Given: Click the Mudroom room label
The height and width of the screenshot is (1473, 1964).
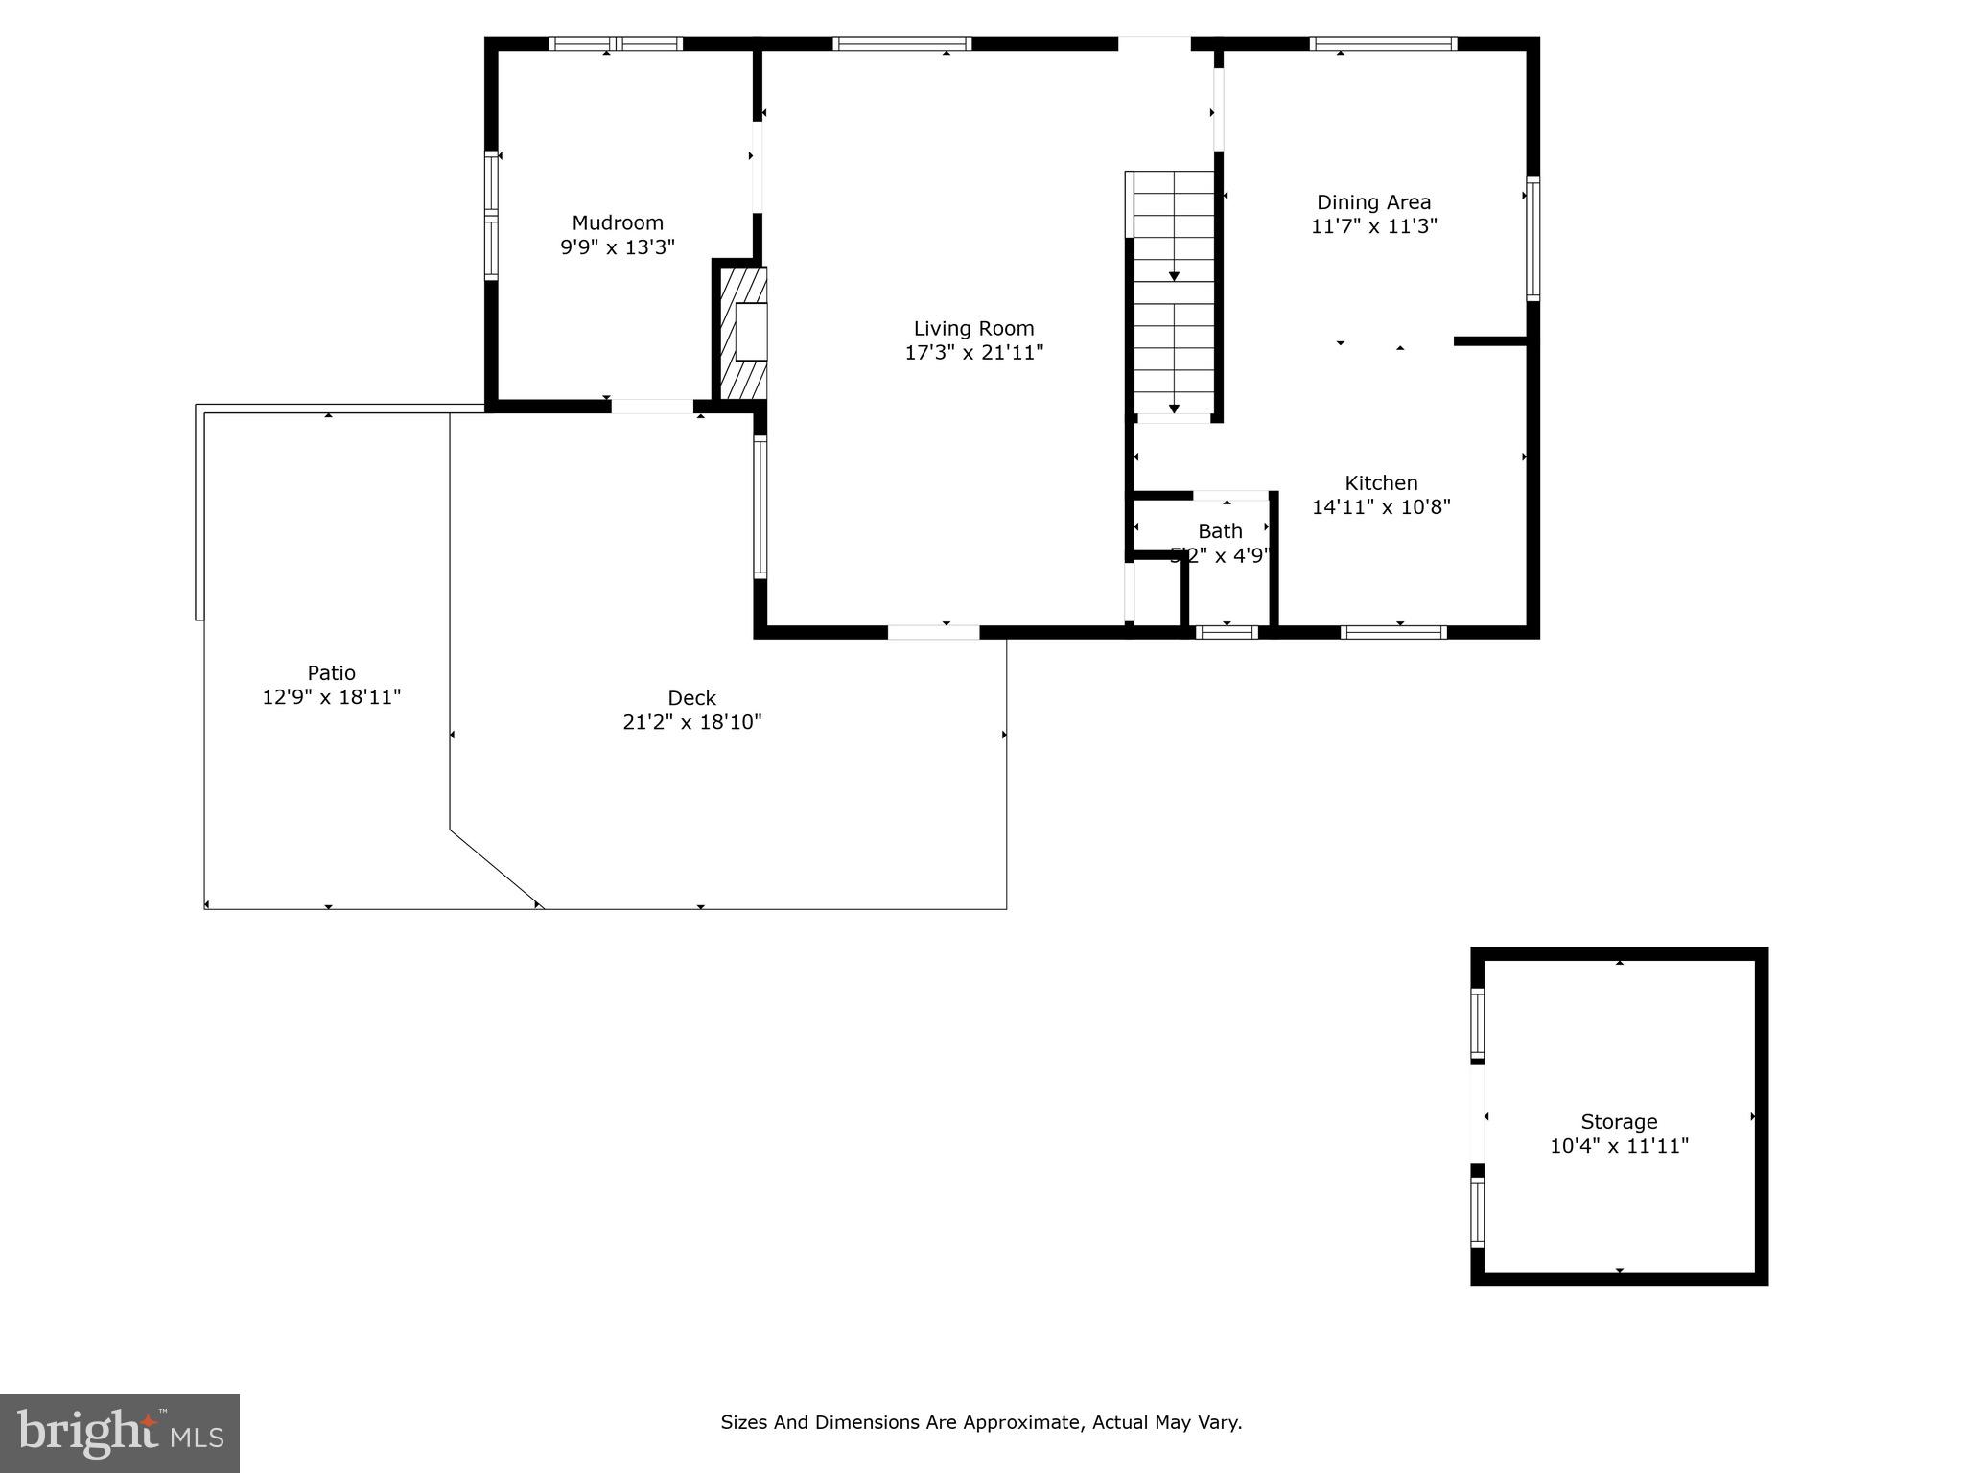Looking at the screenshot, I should point(618,222).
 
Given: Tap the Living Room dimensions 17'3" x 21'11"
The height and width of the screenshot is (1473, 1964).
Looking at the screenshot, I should point(973,353).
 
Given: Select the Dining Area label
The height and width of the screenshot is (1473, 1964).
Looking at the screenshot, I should point(1373,202).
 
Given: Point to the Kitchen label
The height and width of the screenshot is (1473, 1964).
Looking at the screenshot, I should point(1381,483).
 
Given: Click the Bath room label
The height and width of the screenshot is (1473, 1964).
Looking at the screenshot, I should point(1220,531).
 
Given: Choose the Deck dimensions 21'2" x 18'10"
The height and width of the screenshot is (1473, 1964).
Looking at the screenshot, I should point(691,722).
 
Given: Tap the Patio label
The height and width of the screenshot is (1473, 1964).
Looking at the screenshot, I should point(331,673).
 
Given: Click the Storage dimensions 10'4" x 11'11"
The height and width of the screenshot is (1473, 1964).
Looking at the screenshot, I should point(1619,1146).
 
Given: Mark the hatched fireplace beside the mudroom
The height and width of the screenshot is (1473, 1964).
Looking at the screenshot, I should point(743,332).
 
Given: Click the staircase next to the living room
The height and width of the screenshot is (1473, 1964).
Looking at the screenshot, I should point(1174,295).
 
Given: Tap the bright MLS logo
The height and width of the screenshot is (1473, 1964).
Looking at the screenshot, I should point(120,1434).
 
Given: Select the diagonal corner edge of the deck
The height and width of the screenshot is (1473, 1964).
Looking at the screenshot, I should point(495,868).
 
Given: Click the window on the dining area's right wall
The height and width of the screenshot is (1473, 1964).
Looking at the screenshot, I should point(1532,239).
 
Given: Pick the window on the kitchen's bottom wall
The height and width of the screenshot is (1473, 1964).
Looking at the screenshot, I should point(1392,631).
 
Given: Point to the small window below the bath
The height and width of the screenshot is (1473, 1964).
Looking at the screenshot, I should point(1227,631).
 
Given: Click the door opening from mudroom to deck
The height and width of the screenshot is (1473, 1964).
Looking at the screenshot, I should point(652,407).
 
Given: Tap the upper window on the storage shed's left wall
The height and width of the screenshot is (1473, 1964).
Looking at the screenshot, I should point(1478,1024).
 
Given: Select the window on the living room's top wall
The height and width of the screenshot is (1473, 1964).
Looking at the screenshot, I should point(901,44).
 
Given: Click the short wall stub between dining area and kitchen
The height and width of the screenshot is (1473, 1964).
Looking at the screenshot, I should point(1489,341).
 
